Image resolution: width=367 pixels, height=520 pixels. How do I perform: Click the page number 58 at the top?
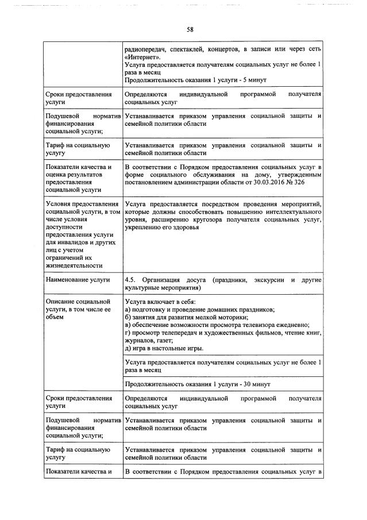190,30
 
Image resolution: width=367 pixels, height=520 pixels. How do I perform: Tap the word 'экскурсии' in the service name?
270,280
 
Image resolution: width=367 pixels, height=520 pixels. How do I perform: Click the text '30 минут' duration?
257,384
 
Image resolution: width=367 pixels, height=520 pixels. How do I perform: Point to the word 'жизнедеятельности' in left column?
74,265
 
